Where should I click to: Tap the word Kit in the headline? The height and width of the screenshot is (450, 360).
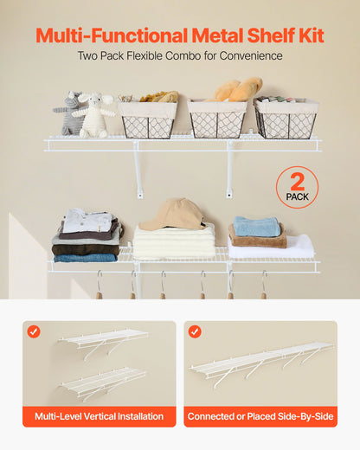[x=308, y=35]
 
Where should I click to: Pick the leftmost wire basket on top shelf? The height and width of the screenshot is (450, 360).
[x=147, y=119]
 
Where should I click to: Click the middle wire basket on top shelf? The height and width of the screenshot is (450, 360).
[x=217, y=119]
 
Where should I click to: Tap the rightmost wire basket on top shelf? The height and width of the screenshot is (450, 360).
[x=286, y=119]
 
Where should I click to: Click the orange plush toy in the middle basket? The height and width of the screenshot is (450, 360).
[x=238, y=89]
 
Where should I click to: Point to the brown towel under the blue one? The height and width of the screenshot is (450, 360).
[x=256, y=241]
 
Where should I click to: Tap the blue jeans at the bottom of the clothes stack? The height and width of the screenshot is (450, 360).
[x=85, y=257]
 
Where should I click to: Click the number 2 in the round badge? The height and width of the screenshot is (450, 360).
[x=297, y=181]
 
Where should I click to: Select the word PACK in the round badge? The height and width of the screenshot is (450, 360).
[x=297, y=196]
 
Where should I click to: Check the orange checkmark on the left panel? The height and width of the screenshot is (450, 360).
[x=33, y=331]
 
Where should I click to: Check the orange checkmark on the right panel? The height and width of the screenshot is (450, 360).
[x=195, y=331]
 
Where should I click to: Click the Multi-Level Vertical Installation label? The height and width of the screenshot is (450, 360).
[x=100, y=417]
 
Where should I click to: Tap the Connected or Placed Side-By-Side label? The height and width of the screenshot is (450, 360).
[x=260, y=417]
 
